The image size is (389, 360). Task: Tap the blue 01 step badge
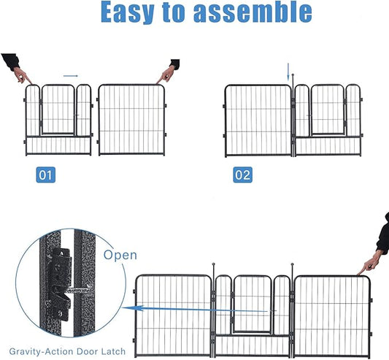[45, 175]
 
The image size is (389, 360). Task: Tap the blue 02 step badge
[243, 175]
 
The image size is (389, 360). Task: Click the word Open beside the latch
[120, 256]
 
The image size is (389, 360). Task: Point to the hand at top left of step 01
[16, 69]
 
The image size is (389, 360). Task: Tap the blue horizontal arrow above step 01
[71, 74]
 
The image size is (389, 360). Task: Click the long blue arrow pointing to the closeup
[175, 309]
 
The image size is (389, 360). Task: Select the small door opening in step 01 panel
[58, 110]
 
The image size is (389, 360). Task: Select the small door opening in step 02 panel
[328, 110]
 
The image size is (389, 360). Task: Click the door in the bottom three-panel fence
[251, 303]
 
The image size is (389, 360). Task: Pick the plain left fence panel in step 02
[258, 120]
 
